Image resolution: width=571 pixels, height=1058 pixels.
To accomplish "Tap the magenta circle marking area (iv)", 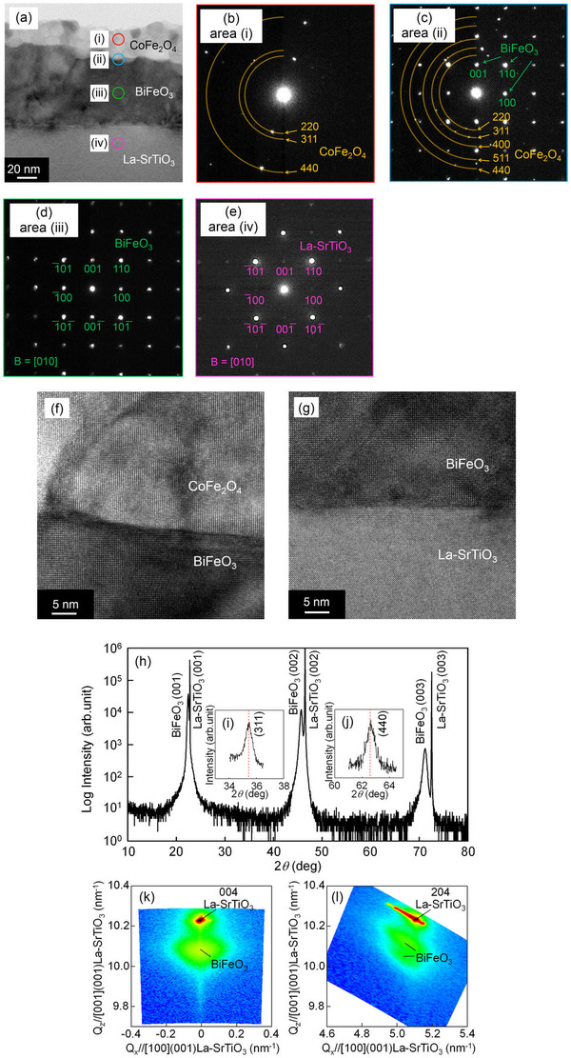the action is (x=117, y=143).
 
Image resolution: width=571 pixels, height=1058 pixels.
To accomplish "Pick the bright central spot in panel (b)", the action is (x=284, y=93).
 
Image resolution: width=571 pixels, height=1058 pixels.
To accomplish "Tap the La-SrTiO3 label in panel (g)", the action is (x=461, y=556).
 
